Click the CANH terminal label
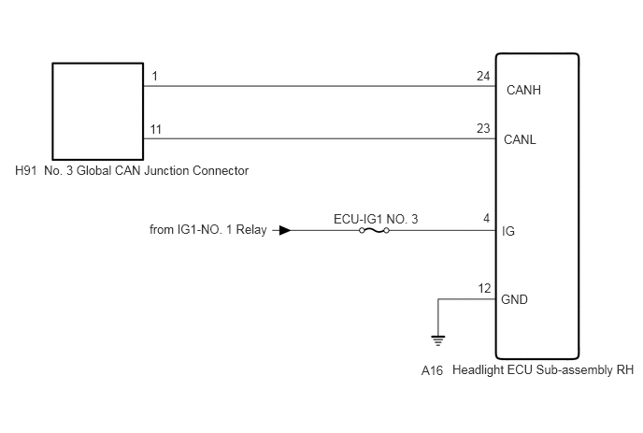click(523, 90)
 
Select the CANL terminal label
click(520, 139)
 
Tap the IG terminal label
click(508, 231)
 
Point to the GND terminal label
click(514, 299)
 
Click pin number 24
click(483, 76)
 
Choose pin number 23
click(483, 128)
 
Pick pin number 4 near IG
click(486, 218)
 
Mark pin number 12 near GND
click(484, 289)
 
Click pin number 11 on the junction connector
click(156, 129)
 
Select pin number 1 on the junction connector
click(154, 76)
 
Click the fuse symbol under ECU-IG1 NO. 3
click(374, 231)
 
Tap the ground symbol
click(438, 340)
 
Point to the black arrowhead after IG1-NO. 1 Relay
click(285, 230)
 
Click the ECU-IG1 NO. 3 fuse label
click(376, 219)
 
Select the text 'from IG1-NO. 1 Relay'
click(207, 229)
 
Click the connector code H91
click(26, 170)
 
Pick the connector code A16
click(432, 370)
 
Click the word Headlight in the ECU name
click(479, 369)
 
